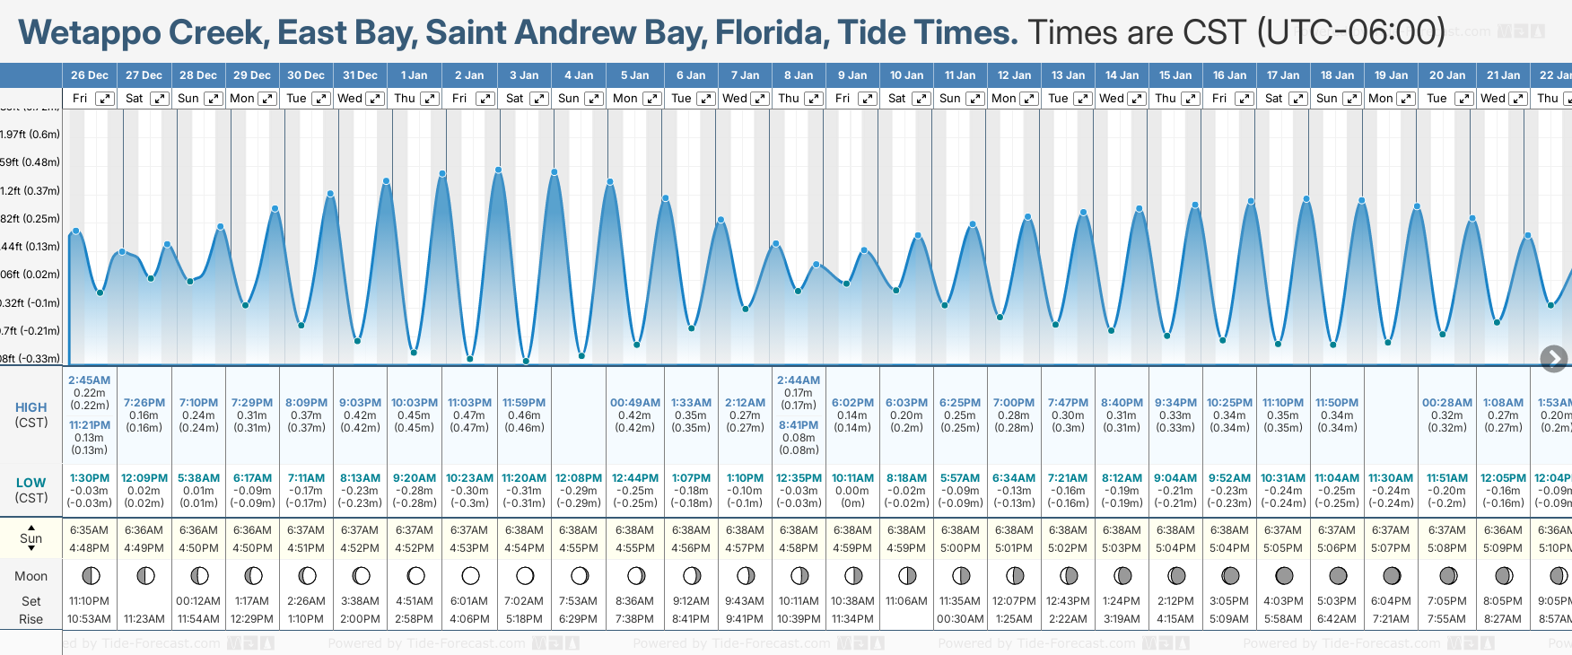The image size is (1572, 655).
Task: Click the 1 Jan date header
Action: [x=414, y=75]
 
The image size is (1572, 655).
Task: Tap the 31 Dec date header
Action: [x=360, y=75]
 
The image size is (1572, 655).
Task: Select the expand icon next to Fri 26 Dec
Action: [x=105, y=99]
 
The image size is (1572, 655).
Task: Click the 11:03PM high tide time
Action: [x=469, y=403]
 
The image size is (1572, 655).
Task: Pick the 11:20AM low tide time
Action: [x=524, y=478]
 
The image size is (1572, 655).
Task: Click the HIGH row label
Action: [x=31, y=407]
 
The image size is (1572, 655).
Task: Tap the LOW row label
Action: [x=31, y=483]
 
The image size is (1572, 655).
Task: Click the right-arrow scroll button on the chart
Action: [x=1553, y=359]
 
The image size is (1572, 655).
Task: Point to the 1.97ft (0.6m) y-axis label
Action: [x=31, y=135]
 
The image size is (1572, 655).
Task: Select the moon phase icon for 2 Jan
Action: [x=470, y=575]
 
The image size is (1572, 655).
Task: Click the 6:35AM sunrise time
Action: [x=89, y=530]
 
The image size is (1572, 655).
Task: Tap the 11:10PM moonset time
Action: [x=89, y=601]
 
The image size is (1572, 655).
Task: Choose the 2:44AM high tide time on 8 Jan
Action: [x=799, y=380]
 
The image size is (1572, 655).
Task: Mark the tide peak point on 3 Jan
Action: [x=498, y=170]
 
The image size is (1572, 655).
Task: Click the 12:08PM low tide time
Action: [x=579, y=478]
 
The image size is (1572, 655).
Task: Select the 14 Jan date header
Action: [x=1122, y=75]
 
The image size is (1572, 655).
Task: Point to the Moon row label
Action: [x=31, y=576]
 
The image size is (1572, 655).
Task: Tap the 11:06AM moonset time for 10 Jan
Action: [x=906, y=601]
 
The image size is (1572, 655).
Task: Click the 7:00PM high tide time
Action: [x=1014, y=403]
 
